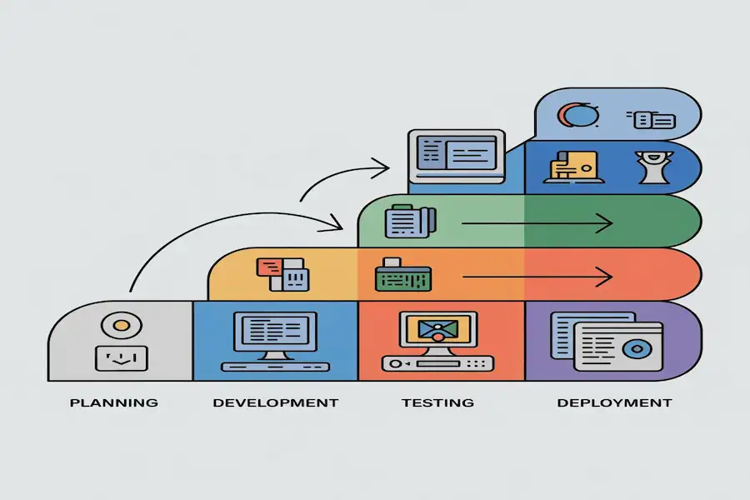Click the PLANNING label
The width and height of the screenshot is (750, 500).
tap(114, 402)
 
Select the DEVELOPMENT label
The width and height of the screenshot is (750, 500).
tap(276, 402)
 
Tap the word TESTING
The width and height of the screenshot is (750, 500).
tap(437, 402)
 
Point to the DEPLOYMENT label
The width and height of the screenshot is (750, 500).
tap(614, 402)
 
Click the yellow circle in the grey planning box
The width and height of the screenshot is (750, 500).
tap(121, 325)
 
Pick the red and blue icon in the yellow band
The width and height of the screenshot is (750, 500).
tap(281, 273)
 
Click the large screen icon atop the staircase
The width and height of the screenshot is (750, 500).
tap(457, 156)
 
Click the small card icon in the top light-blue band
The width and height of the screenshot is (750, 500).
tap(654, 120)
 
